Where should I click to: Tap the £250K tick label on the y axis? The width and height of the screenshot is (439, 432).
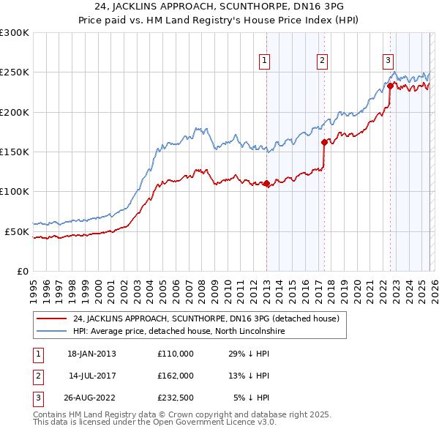[x=15, y=72]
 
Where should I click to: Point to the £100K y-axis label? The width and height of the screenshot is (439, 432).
[x=15, y=192]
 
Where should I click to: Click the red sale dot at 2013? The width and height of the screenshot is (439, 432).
[x=266, y=184]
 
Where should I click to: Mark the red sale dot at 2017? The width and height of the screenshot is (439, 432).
[x=323, y=143]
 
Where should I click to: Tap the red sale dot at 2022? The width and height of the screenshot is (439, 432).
[x=390, y=86]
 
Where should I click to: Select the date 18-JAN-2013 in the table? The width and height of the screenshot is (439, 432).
[x=91, y=354]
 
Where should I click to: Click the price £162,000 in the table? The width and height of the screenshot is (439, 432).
[x=175, y=376]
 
